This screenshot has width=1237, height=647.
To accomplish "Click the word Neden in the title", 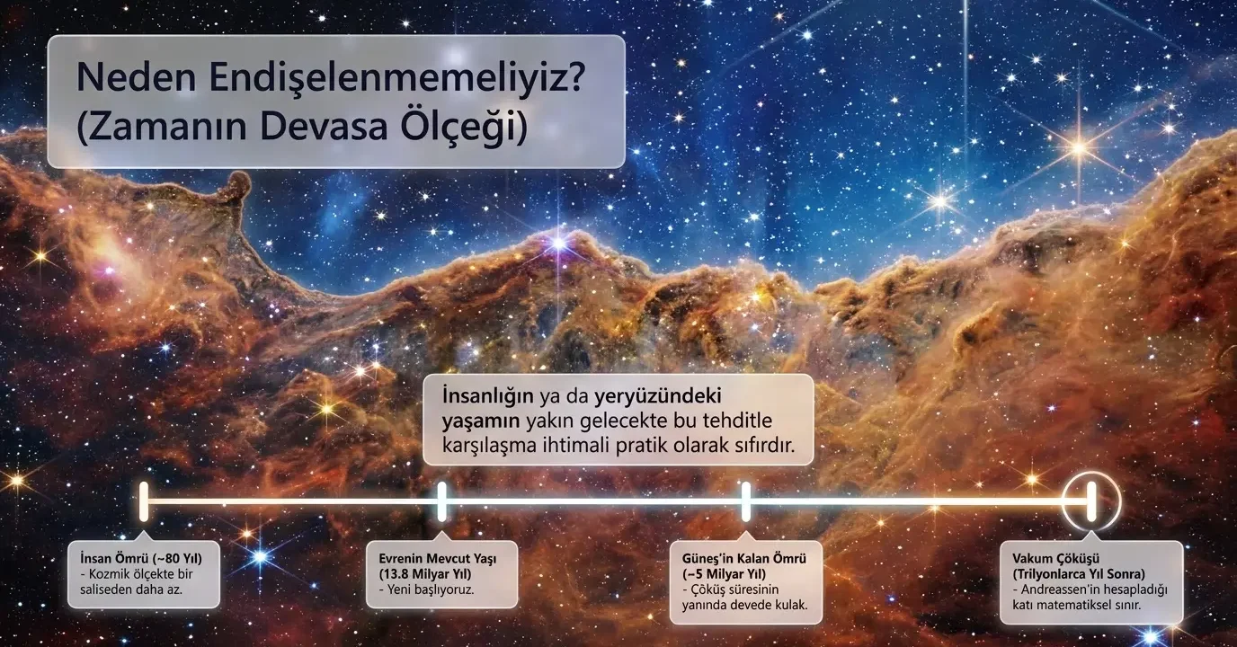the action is coord(137,78).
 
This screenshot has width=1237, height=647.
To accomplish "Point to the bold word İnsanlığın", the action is coord(487,396).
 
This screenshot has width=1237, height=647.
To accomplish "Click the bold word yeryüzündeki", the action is coord(658,396).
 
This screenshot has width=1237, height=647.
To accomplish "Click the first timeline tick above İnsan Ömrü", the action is coord(144,501).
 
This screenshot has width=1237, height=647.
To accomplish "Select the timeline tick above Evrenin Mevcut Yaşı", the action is coord(441,501).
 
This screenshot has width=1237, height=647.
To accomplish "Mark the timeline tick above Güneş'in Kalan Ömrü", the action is coord(746,501).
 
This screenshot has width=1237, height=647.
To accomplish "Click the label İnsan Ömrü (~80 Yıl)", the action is coord(141,558).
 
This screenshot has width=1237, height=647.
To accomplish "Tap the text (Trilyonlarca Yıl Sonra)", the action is coord(1079,574).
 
